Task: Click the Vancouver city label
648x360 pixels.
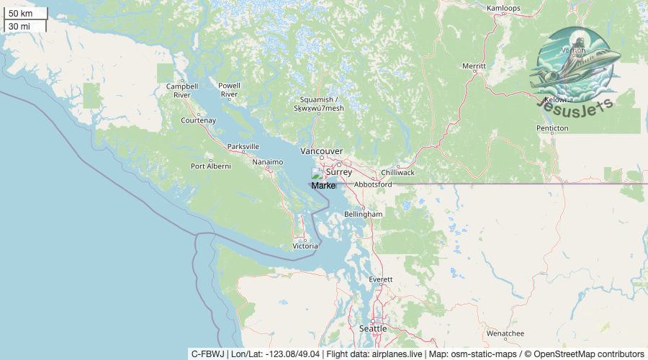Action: [x=321, y=151]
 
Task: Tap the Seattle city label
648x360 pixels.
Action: [x=373, y=328]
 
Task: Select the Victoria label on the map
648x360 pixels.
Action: [x=305, y=246]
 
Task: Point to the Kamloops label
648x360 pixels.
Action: [x=503, y=9]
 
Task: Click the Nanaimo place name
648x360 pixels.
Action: [x=268, y=162]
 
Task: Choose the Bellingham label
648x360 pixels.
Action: [x=363, y=215]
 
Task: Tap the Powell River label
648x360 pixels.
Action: [x=229, y=90]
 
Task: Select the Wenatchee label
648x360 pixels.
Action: [x=505, y=334]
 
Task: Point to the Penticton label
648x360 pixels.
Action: [x=552, y=128]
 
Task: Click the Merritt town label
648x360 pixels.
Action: [x=474, y=66]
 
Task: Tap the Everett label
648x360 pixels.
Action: [x=380, y=279]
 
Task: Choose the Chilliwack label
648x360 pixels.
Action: [x=398, y=173]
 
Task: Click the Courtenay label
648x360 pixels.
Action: [x=198, y=120]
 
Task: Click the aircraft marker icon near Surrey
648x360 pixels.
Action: [x=317, y=174]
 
